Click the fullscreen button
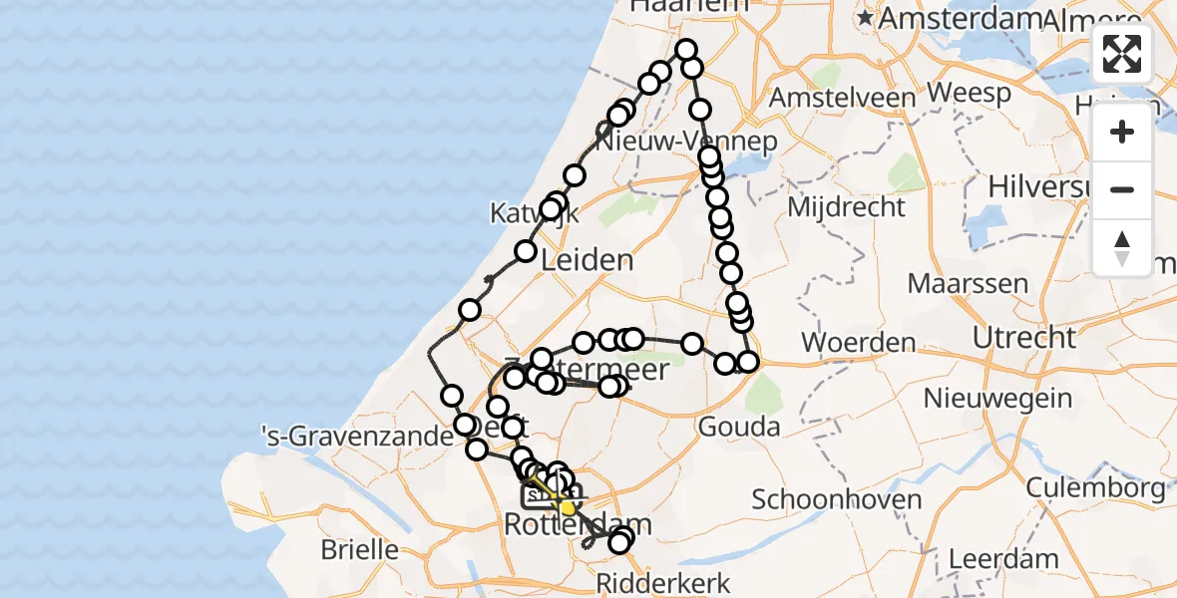click(1122, 54)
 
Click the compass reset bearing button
click(1122, 248)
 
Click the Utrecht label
click(1024, 337)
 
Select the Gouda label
click(740, 428)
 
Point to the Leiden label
click(587, 261)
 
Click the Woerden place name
click(858, 343)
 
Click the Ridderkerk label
click(665, 583)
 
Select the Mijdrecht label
click(846, 207)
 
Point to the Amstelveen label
click(843, 98)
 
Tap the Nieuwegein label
click(997, 399)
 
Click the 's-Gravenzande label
click(324, 435)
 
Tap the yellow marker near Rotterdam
click(568, 508)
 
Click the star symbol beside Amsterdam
click(864, 18)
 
